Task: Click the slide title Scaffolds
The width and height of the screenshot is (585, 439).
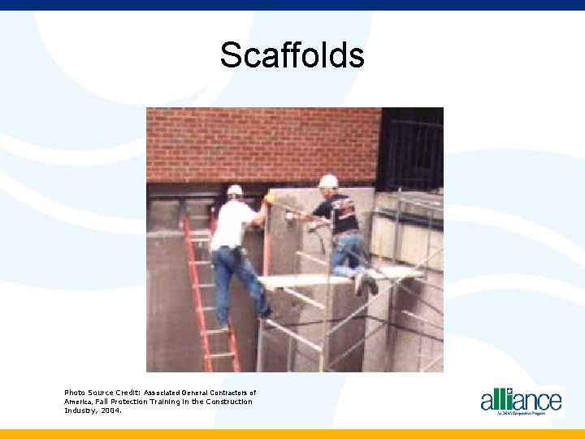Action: point(292,56)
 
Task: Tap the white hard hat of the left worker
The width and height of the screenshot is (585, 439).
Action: point(235,190)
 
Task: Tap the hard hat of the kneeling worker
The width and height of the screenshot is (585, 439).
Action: point(328,181)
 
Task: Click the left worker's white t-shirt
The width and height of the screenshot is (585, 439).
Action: point(232,224)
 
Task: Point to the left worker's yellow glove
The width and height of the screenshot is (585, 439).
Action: point(269,198)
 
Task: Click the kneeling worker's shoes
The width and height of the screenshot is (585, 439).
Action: point(366,284)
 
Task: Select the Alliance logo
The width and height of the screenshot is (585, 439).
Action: point(521,400)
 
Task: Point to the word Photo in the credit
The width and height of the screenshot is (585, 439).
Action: point(75,393)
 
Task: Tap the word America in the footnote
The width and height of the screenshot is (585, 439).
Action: point(79,402)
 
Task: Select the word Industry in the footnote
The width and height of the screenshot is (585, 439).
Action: point(79,411)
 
